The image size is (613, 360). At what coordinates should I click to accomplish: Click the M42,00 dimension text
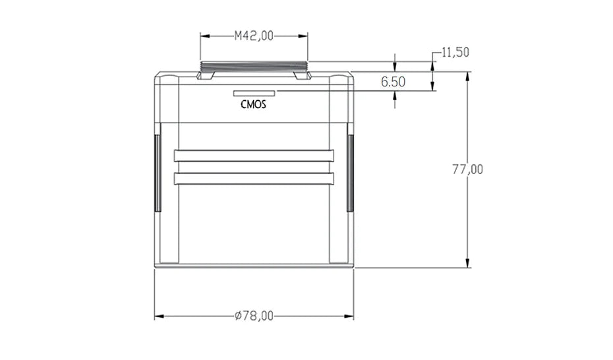tap(254, 36)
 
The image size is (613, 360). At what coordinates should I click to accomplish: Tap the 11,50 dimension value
tap(455, 52)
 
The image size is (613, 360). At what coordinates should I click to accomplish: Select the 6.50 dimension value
tap(393, 82)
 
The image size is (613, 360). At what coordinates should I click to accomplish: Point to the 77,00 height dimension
tap(467, 169)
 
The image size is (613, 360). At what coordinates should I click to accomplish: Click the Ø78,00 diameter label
tap(254, 316)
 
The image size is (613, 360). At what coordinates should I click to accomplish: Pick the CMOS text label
tap(253, 104)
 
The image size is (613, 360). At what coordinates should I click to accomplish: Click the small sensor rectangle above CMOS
tap(254, 93)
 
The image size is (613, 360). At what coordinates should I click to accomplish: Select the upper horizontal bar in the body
tap(254, 156)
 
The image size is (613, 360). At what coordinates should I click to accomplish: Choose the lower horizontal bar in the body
tap(254, 178)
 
